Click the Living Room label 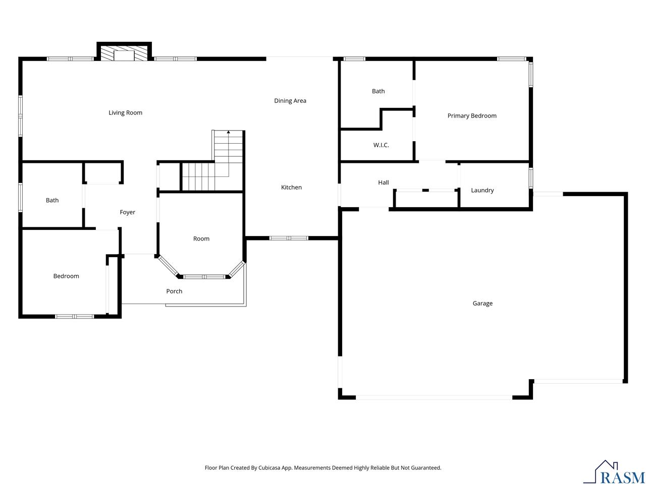click(x=125, y=112)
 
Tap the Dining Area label click(x=290, y=100)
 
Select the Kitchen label click(x=291, y=187)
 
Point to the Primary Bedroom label click(x=471, y=115)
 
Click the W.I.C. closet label click(x=381, y=145)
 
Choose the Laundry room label click(x=482, y=190)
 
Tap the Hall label click(x=383, y=183)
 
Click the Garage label click(x=482, y=304)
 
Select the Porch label click(x=174, y=291)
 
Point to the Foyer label click(x=127, y=212)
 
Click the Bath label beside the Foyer click(x=52, y=200)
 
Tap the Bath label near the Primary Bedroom click(x=378, y=91)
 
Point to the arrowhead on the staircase click(x=229, y=132)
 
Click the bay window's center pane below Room click(x=204, y=276)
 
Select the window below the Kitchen click(x=288, y=238)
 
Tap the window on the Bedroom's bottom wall click(x=75, y=317)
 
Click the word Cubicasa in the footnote click(x=269, y=467)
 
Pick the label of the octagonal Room click(x=201, y=238)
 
